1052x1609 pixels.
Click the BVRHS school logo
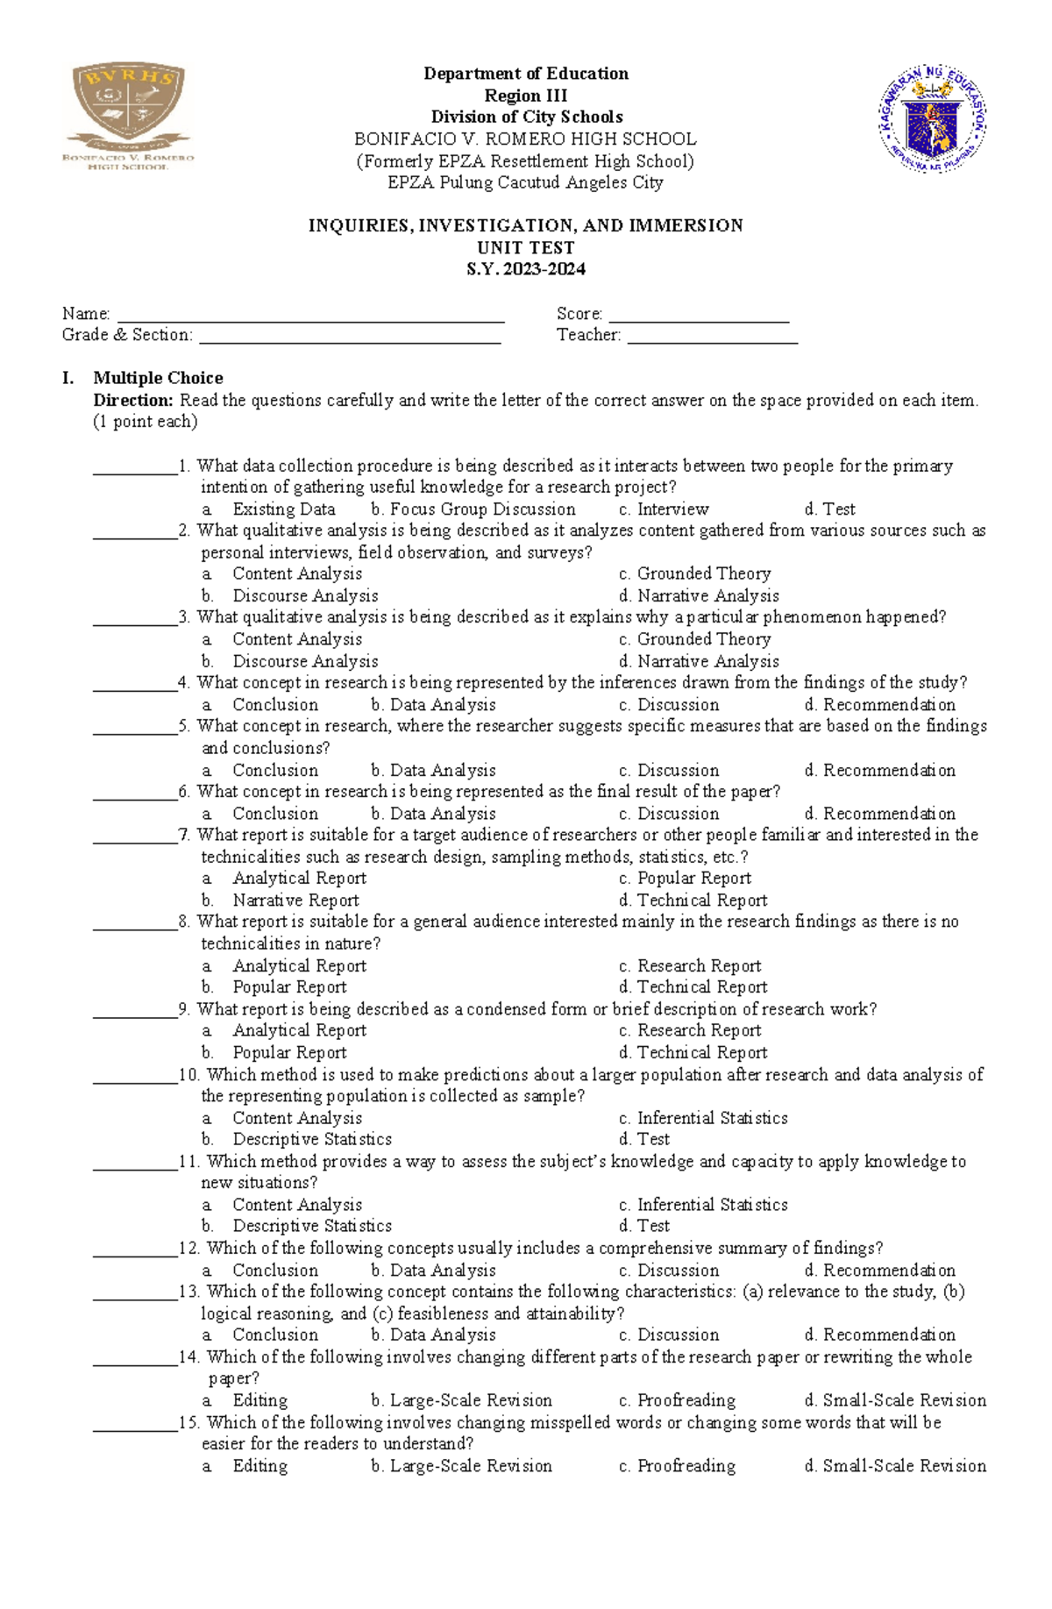click(x=128, y=115)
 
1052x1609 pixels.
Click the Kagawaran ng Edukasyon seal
click(x=932, y=117)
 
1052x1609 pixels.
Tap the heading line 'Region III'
click(x=525, y=96)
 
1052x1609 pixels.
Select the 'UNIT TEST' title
click(x=525, y=247)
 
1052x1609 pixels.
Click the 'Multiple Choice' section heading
click(x=158, y=378)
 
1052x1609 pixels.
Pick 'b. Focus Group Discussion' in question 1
click(x=473, y=509)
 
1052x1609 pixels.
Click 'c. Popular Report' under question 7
click(x=685, y=879)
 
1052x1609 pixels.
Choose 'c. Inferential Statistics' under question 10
click(x=703, y=1118)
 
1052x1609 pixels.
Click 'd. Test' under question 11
click(x=644, y=1226)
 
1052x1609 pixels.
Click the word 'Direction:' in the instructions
click(x=133, y=401)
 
